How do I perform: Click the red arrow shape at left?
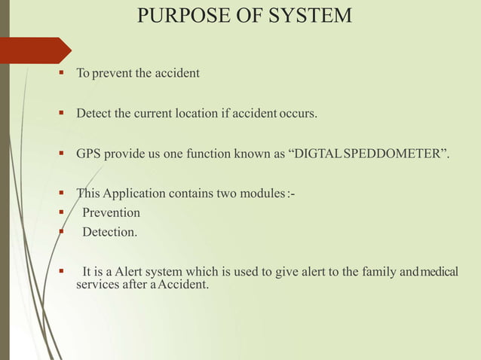click(x=35, y=50)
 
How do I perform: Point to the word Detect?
click(x=93, y=114)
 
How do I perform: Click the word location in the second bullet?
click(x=194, y=114)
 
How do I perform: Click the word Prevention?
click(x=111, y=213)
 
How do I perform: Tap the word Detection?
click(x=110, y=232)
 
